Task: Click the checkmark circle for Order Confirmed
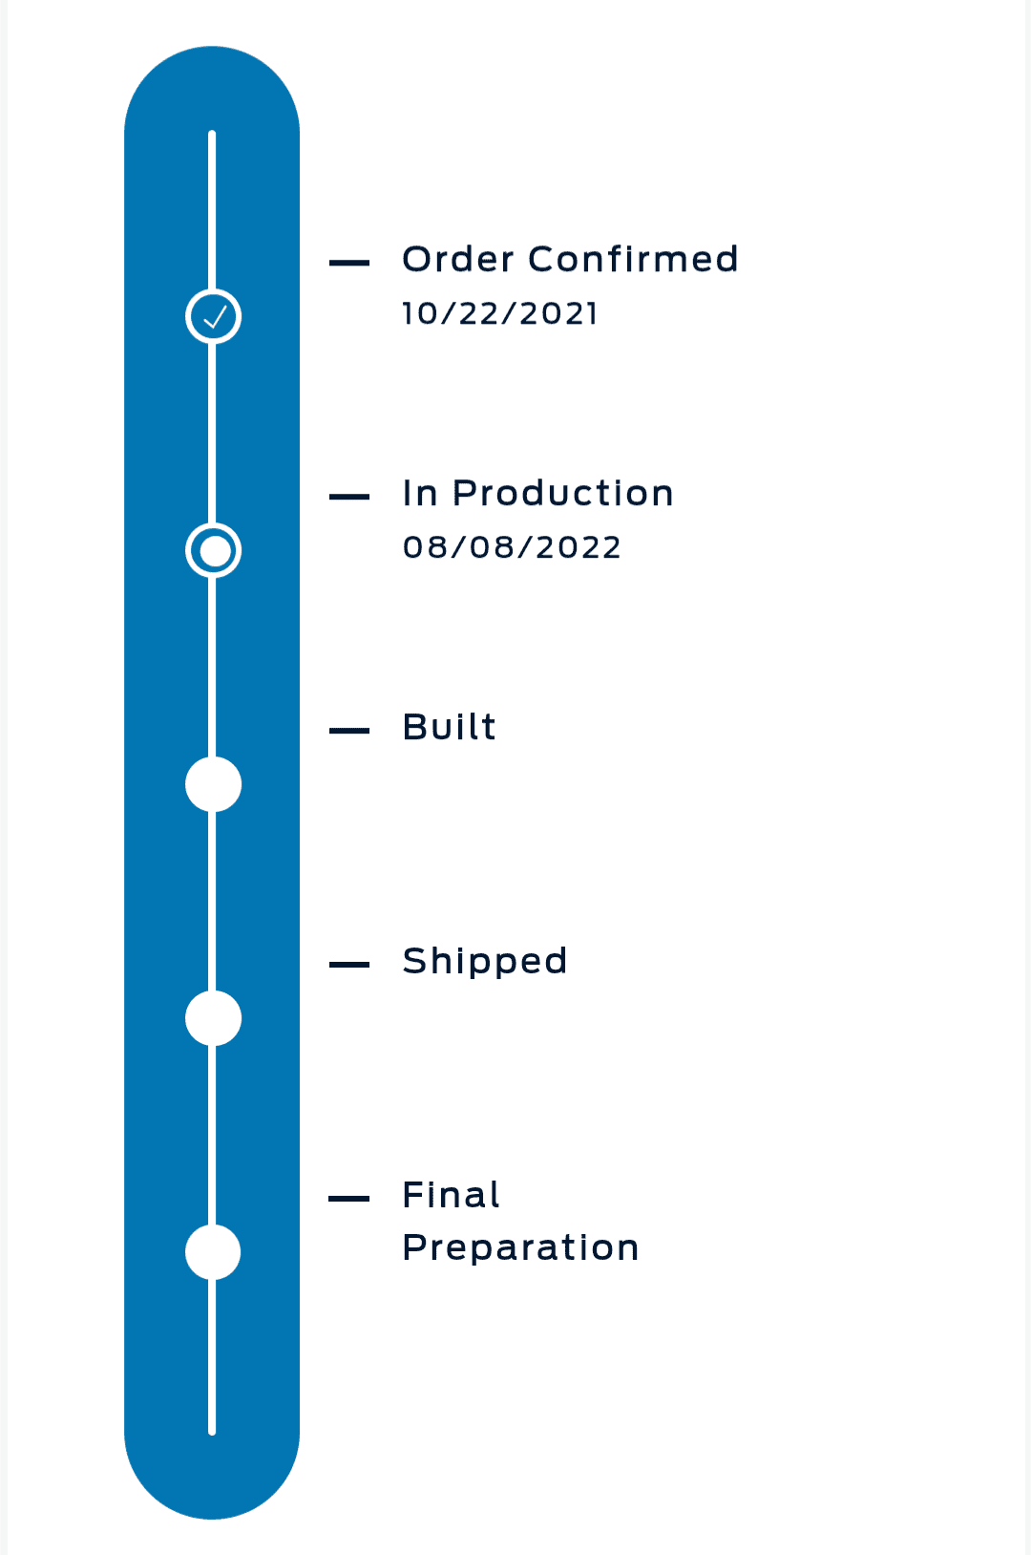coord(213,316)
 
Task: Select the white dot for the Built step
coord(213,784)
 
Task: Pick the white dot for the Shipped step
coord(213,1018)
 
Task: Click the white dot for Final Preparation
coord(213,1252)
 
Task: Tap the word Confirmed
coord(633,260)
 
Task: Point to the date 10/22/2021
coord(499,314)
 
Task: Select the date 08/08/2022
coord(512,547)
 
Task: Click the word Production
coord(562,494)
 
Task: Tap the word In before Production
coord(420,494)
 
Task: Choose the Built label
coord(449,728)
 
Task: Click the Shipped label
coord(485,963)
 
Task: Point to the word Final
coord(451,1196)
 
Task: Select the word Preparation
coord(520,1248)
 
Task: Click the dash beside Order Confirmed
coord(349,263)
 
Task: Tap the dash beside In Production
coord(349,497)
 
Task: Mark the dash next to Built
coord(349,731)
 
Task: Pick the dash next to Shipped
coord(349,965)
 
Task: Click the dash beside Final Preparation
coord(349,1198)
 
